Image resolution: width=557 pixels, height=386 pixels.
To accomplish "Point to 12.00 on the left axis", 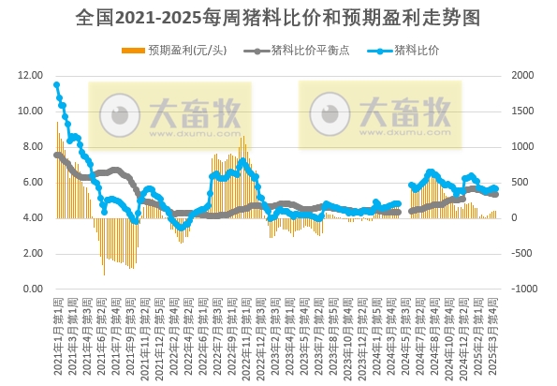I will coord(31,75).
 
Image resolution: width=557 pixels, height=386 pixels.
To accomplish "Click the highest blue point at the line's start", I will coord(57,85).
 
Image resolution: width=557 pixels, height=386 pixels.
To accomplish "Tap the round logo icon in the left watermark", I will coord(120,113).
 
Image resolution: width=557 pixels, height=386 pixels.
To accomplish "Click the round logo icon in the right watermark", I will coord(330,113).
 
